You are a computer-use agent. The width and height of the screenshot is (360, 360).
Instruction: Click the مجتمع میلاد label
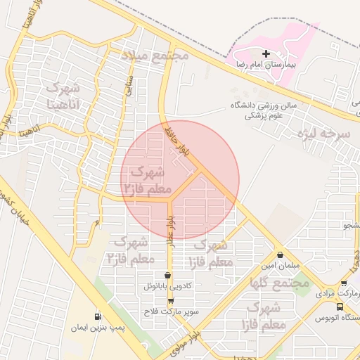coord(155,54)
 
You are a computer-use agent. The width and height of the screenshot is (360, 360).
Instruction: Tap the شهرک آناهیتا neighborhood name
coord(63,97)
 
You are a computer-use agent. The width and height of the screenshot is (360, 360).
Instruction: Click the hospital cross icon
coord(266,53)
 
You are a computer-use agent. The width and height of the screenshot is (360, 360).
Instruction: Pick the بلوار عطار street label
coord(170,231)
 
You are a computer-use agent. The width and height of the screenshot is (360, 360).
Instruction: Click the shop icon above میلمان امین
coord(281,255)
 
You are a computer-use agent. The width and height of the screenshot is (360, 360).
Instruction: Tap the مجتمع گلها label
coord(280,283)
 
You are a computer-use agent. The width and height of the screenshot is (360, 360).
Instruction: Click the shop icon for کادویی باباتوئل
coord(167,276)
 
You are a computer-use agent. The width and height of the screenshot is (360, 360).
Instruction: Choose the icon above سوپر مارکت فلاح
coord(171,301)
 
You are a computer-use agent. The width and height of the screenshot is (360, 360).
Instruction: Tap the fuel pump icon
coord(97,316)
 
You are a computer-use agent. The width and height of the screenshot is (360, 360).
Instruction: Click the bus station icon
coord(340,307)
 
